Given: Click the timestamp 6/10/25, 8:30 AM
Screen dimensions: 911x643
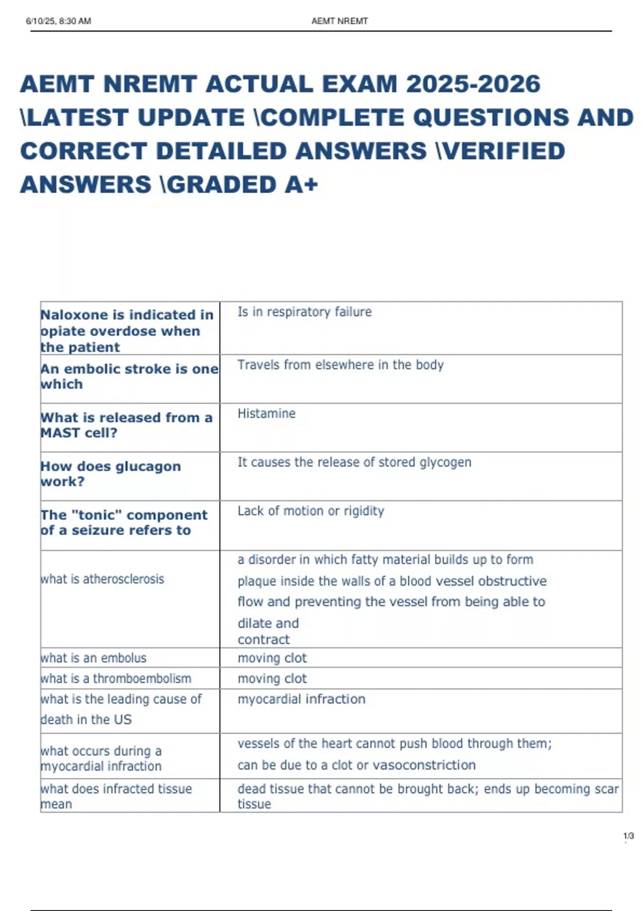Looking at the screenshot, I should coord(58,21).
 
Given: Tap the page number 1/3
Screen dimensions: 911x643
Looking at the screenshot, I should coord(628,836).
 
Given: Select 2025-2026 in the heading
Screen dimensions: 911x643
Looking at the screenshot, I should coord(473,85).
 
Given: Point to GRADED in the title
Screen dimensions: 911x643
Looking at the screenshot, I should coord(223,185).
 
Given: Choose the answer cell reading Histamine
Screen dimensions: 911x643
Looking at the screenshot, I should coord(266,414).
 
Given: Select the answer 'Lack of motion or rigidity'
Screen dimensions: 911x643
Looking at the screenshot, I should coord(311,511).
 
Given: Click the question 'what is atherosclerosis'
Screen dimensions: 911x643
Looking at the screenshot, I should coord(102,579).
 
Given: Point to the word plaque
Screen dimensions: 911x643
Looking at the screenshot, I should coord(256,581).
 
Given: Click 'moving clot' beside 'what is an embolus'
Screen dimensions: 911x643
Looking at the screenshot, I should coord(272,658).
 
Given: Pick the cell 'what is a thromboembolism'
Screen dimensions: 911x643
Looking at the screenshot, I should coord(116,678).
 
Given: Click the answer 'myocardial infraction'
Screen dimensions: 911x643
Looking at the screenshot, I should coord(302,699).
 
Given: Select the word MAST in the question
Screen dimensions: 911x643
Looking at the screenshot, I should coord(56,433).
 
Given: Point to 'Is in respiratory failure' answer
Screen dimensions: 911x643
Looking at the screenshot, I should coord(304,312).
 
